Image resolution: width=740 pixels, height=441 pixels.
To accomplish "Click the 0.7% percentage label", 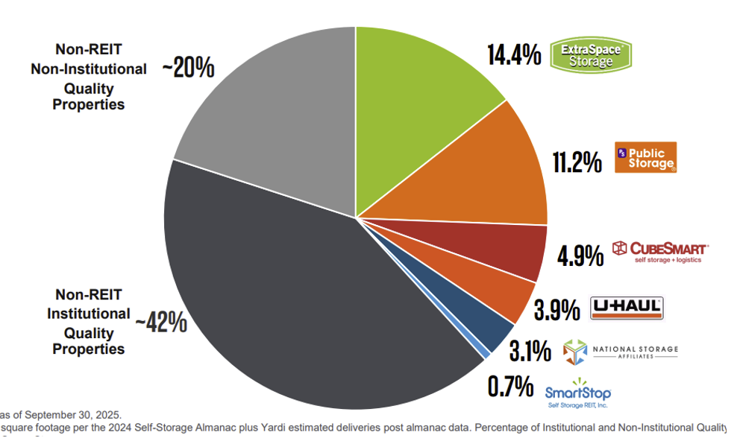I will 510,386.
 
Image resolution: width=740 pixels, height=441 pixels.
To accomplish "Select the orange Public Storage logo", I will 645,157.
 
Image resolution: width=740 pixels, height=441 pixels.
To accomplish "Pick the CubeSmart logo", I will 659,251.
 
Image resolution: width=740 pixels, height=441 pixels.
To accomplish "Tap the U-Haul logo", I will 627,308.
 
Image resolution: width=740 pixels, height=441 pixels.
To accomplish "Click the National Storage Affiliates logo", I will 620,352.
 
